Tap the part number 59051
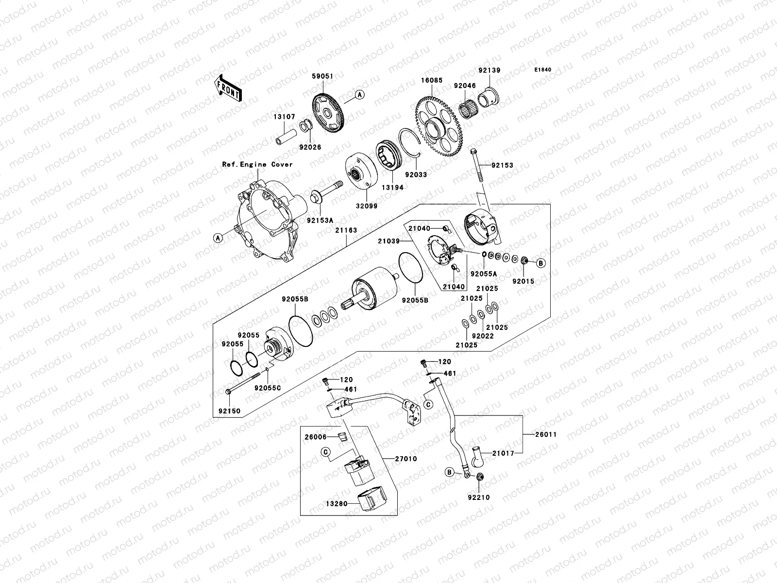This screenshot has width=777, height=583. (322, 76)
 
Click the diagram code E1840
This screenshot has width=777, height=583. (543, 70)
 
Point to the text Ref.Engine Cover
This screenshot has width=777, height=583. (257, 164)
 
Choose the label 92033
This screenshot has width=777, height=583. (416, 174)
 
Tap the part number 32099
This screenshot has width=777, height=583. (366, 206)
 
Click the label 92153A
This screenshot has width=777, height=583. (319, 220)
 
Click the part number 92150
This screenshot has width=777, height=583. (228, 411)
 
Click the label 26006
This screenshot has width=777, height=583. (316, 437)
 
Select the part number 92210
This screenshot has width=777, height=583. (479, 497)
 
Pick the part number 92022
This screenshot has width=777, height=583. (483, 336)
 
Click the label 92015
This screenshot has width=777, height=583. (523, 281)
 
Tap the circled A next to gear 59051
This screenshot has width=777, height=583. (359, 95)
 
